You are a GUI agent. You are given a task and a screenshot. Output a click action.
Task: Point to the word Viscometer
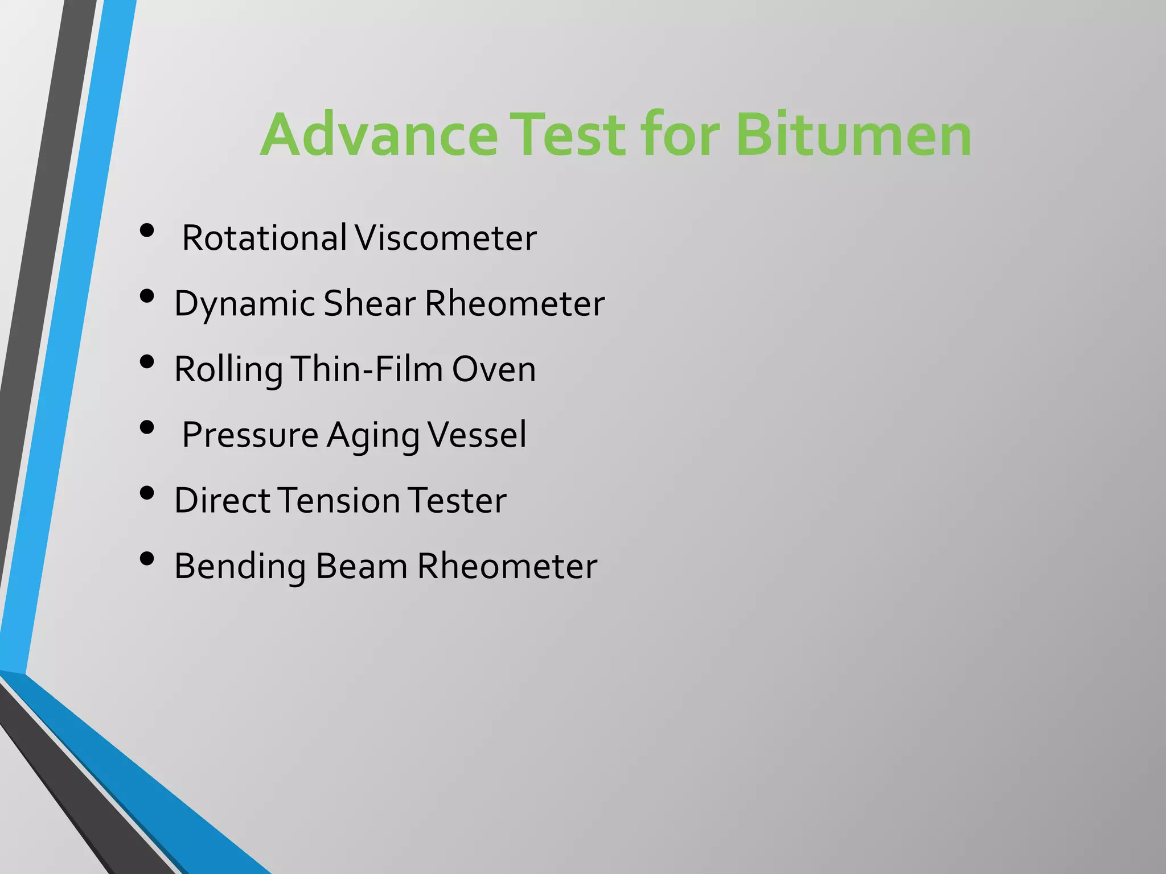[445, 238]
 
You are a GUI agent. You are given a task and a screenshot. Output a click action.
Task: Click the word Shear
[369, 303]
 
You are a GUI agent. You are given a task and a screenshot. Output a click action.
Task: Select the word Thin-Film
[367, 369]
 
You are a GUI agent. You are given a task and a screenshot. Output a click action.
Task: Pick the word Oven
[494, 369]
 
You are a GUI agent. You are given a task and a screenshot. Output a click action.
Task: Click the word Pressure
[250, 435]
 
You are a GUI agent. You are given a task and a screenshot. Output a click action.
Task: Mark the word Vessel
[477, 435]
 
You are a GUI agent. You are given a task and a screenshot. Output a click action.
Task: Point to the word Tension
[339, 501]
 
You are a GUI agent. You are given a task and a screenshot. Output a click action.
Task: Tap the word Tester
[457, 501]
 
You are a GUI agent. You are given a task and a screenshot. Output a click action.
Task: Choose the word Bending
[240, 567]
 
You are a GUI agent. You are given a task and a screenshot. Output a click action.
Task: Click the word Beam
[362, 566]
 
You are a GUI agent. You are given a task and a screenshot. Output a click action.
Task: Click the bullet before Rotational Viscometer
[147, 230]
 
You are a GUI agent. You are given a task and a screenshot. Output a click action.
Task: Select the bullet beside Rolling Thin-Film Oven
[147, 362]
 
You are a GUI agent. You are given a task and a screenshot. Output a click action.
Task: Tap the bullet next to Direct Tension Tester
[147, 493]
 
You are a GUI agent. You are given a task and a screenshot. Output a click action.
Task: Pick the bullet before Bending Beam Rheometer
[147, 559]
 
